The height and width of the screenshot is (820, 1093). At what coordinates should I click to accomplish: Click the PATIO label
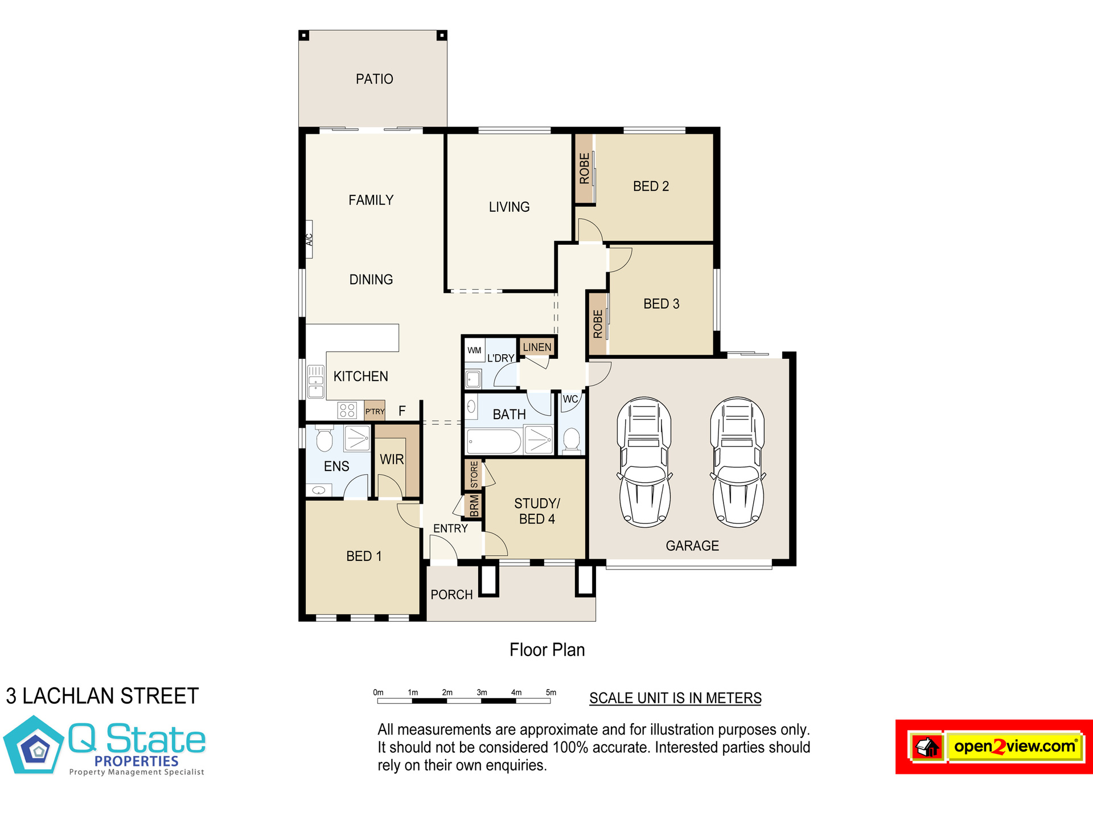coord(375,79)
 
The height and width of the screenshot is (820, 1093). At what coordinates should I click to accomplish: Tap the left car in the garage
coord(644,462)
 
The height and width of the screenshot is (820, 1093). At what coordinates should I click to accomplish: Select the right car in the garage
coord(738,462)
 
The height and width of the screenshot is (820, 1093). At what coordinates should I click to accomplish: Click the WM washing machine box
coord(474,350)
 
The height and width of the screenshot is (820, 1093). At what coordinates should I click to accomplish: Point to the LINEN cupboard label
coord(537,347)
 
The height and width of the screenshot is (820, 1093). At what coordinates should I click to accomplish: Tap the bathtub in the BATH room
coord(494,441)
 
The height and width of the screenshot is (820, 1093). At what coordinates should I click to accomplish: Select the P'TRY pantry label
coord(375,412)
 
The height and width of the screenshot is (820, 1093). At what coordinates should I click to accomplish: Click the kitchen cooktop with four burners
coord(347,410)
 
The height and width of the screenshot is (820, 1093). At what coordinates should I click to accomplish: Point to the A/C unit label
coord(310,239)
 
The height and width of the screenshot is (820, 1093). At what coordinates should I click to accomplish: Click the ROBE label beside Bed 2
coord(584,169)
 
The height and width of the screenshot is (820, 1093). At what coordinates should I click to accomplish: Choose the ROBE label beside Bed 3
coord(598,324)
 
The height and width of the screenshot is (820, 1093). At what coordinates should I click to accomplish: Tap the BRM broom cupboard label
coord(474,506)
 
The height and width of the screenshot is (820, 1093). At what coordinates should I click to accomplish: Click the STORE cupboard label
coord(474,474)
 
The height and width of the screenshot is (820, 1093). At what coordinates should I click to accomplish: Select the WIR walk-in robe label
coord(392,460)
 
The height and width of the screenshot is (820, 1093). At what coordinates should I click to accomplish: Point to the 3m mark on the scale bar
coord(482,692)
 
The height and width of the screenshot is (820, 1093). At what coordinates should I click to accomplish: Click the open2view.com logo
coord(994,747)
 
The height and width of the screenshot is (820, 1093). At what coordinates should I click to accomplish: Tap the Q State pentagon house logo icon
coord(34,745)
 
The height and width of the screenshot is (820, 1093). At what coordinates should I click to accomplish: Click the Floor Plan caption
coord(547,650)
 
